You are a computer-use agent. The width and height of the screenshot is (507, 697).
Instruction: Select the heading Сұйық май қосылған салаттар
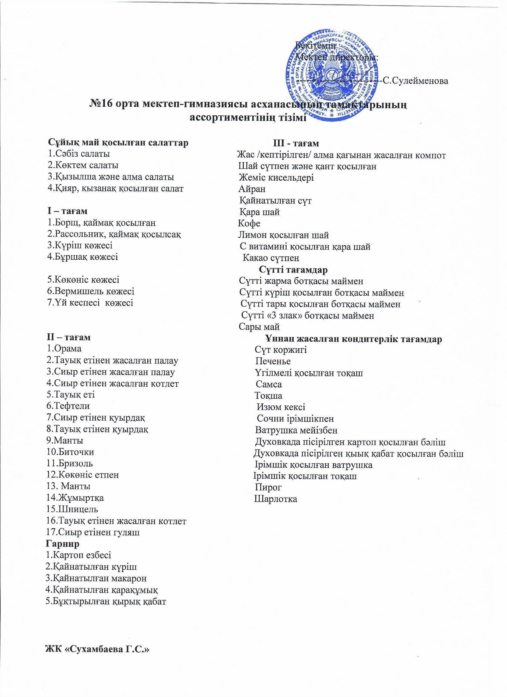coord(118,143)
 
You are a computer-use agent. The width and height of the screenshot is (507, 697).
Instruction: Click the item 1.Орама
coord(64,349)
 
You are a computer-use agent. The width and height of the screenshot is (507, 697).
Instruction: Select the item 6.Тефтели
coord(68,406)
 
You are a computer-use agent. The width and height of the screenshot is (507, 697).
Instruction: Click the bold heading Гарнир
coord(62,544)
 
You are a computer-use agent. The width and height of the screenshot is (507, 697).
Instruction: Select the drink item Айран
coord(252,189)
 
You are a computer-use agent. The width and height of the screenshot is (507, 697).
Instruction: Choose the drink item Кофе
coord(249,223)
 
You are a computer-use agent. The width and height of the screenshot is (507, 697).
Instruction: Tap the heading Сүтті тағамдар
coord(293,270)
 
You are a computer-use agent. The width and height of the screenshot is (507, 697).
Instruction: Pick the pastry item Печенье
coord(273,361)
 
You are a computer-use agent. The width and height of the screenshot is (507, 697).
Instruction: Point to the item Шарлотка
coord(276,499)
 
